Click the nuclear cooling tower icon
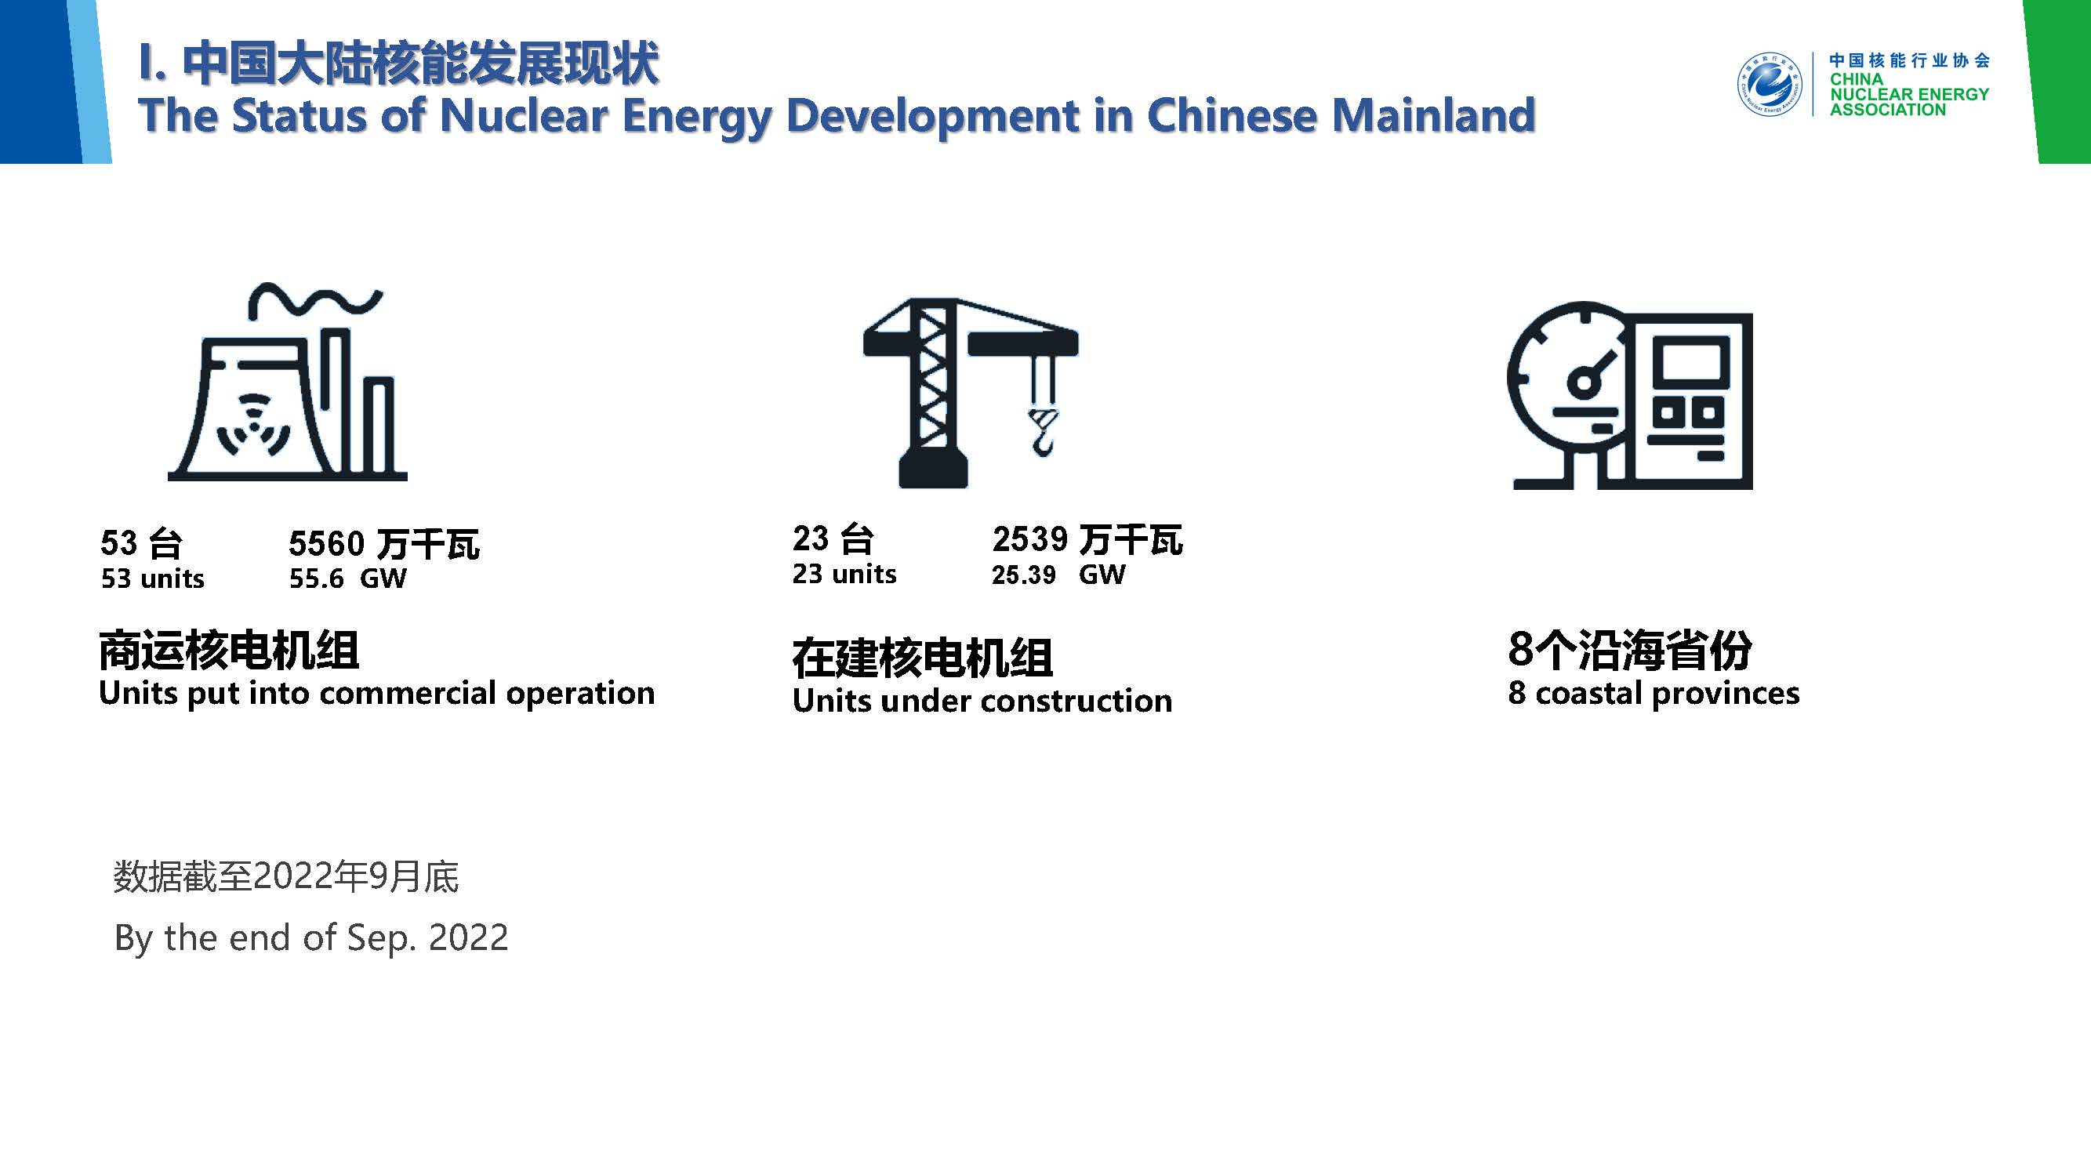click(288, 382)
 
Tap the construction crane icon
click(971, 393)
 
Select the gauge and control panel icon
click(1630, 395)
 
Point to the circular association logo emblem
click(1770, 85)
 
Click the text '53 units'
click(153, 578)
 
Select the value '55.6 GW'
click(347, 578)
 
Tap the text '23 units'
click(844, 574)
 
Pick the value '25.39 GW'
click(1058, 575)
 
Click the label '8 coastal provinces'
click(1654, 693)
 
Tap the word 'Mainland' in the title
click(1433, 114)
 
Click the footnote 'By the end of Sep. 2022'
click(311, 937)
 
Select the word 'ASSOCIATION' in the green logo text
click(1887, 110)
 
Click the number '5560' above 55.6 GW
click(326, 543)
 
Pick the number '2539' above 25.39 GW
click(1029, 539)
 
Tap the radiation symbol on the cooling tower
click(253, 426)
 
